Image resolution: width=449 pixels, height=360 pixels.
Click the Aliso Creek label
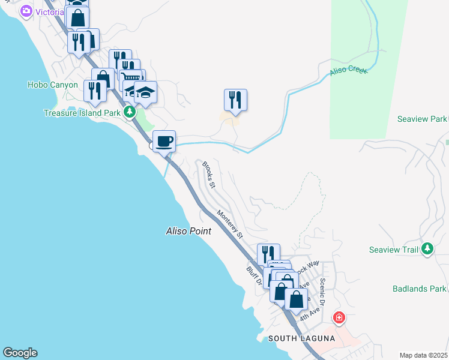pos(348,72)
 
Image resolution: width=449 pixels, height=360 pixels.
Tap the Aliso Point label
pos(188,231)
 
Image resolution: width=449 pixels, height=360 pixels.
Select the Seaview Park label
pos(422,119)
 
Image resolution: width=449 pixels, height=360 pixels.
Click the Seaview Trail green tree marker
pos(427,248)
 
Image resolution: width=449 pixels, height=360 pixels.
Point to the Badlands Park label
pos(419,289)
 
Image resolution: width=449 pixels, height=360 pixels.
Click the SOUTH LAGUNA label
pos(301,338)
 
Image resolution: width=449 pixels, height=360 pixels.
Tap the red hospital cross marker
pos(339,317)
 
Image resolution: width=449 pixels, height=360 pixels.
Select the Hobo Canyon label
pos(53,85)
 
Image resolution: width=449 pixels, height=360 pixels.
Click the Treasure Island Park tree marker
pos(128,112)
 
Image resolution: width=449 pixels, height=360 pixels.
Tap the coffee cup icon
pos(164,142)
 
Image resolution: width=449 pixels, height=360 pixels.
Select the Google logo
pos(20,353)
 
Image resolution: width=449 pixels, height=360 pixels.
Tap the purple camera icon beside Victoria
pos(26,11)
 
